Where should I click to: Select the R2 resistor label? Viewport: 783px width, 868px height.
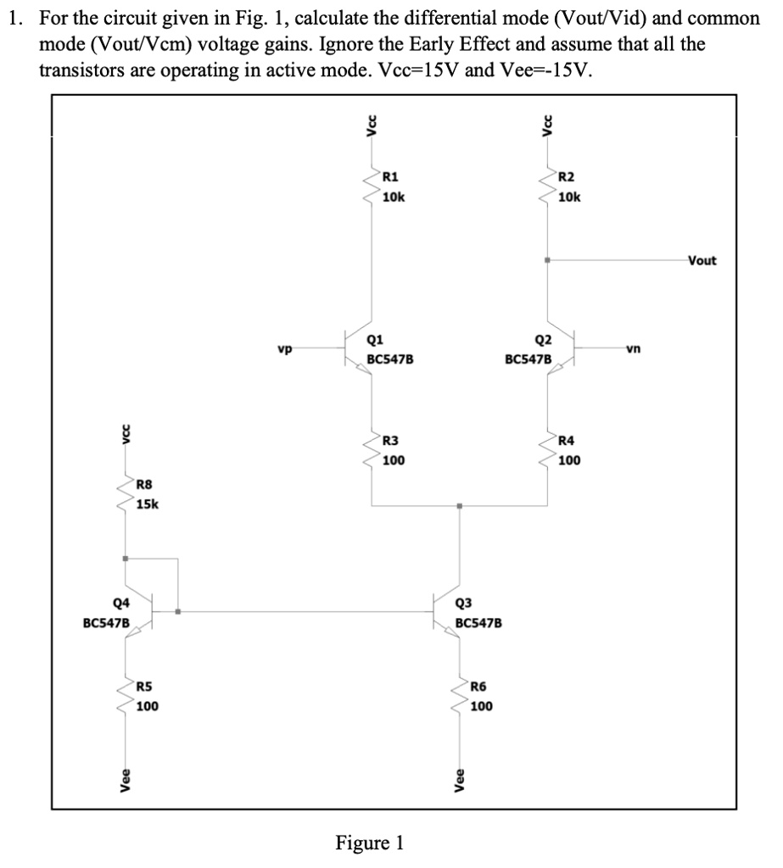[x=567, y=177]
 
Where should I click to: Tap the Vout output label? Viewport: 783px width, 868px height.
[x=702, y=260]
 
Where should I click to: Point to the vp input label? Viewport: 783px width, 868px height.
[x=285, y=348]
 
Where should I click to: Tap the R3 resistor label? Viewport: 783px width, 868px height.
[x=392, y=441]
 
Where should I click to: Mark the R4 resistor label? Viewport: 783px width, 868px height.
[x=567, y=441]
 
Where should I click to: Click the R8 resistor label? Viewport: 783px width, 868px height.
[x=145, y=485]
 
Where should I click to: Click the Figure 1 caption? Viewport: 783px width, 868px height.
[x=370, y=843]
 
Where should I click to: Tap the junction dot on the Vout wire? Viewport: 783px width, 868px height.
[x=548, y=260]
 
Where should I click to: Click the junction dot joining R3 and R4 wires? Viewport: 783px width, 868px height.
[x=459, y=507]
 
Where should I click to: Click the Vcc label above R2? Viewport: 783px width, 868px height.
[x=548, y=125]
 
